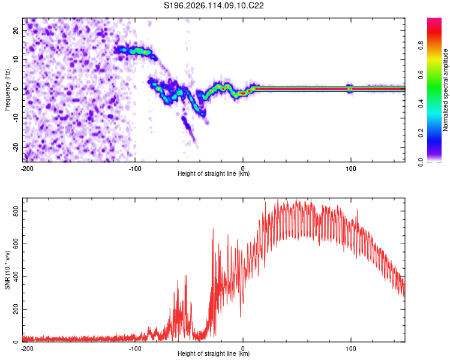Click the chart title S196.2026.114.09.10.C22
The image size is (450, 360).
pyautogui.click(x=214, y=5)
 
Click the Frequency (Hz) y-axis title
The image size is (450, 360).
pyautogui.click(x=7, y=90)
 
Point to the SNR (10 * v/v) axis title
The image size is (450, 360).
pyautogui.click(x=7, y=270)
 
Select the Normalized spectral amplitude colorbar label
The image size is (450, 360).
pyautogui.click(x=445, y=90)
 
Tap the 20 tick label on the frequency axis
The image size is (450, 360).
pyautogui.click(x=16, y=30)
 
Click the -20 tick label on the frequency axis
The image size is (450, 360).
pyautogui.click(x=16, y=147)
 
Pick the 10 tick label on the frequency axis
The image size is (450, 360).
pyautogui.click(x=16, y=59)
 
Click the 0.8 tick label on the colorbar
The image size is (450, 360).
pyautogui.click(x=421, y=46)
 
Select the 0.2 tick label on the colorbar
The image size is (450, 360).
pyautogui.click(x=421, y=133)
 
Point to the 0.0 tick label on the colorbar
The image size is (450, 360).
pyautogui.click(x=421, y=162)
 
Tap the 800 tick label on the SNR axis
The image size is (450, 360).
pyautogui.click(x=16, y=211)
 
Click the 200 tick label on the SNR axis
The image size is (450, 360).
pyautogui.click(x=16, y=309)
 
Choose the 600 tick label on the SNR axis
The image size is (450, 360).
pyautogui.click(x=16, y=244)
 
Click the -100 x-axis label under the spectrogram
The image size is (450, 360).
pyautogui.click(x=135, y=169)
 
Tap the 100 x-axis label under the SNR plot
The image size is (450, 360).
pyautogui.click(x=351, y=349)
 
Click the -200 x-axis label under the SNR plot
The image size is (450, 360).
pyautogui.click(x=27, y=349)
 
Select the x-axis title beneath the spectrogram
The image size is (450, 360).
pyautogui.click(x=214, y=173)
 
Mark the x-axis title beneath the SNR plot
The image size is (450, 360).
pyautogui.click(x=214, y=353)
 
